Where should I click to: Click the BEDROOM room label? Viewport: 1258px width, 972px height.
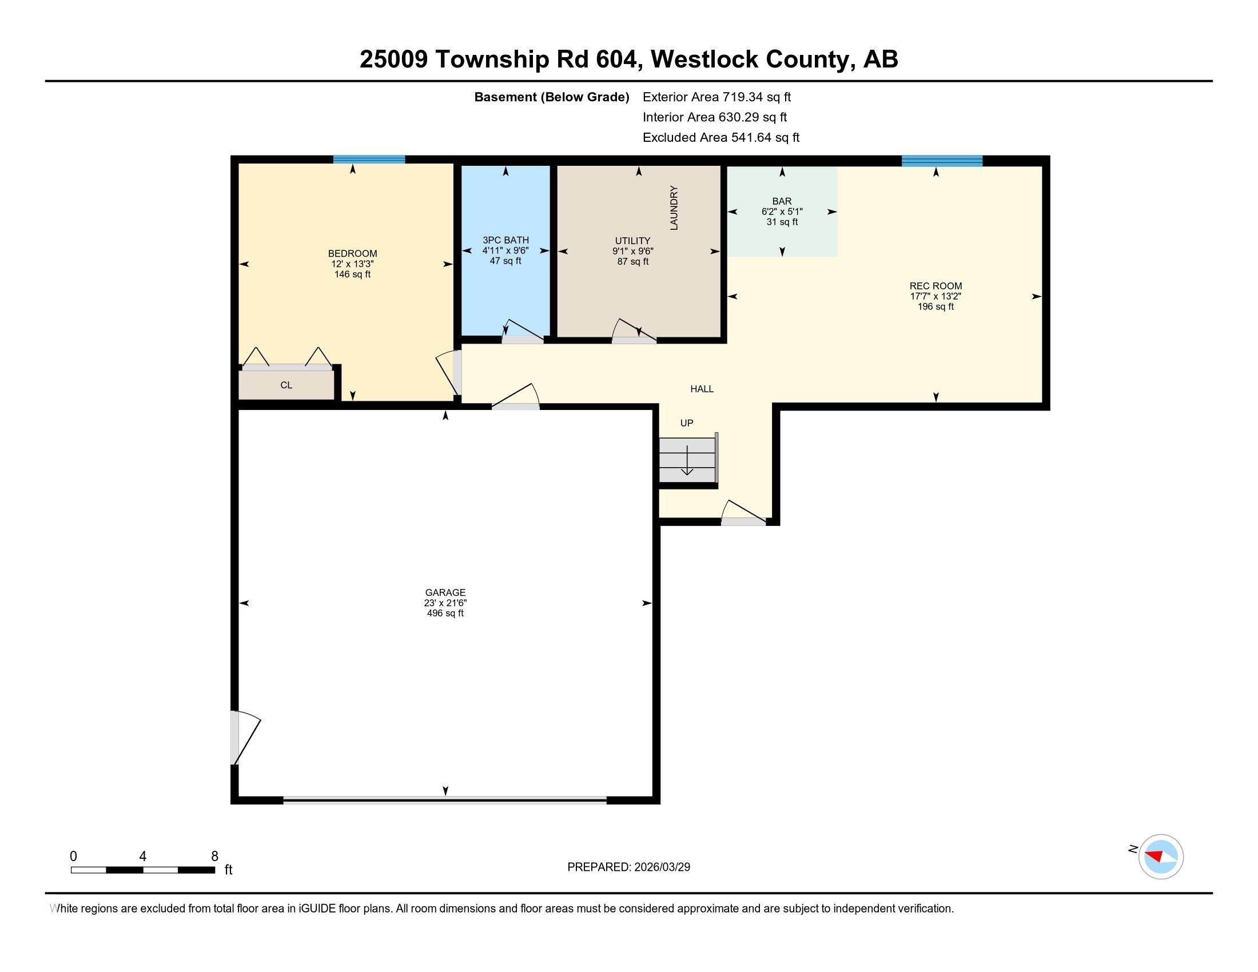tap(352, 253)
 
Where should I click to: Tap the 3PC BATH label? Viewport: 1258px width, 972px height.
tap(505, 240)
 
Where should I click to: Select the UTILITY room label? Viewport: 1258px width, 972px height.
tap(632, 241)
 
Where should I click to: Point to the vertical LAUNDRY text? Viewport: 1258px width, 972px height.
tap(674, 208)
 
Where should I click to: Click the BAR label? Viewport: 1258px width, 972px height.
tap(782, 201)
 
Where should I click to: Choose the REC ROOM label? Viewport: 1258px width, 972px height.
tap(935, 286)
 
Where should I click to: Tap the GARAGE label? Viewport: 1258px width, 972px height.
tap(445, 592)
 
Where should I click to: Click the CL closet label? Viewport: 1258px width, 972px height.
tap(286, 385)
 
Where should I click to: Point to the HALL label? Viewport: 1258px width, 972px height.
tap(702, 389)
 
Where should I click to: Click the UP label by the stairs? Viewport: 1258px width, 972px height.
tap(687, 423)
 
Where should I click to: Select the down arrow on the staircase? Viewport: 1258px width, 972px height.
tap(687, 461)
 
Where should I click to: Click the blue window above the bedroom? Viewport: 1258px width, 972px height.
tap(369, 160)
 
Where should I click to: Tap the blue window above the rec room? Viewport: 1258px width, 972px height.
tap(942, 161)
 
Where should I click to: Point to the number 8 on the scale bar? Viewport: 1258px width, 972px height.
tap(215, 857)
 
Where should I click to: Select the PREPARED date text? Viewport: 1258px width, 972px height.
tap(628, 867)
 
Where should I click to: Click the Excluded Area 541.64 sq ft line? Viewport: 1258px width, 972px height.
tap(720, 138)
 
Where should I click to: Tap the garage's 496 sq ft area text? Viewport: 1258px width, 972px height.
tap(445, 614)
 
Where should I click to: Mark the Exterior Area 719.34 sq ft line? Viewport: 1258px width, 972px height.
tap(716, 97)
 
